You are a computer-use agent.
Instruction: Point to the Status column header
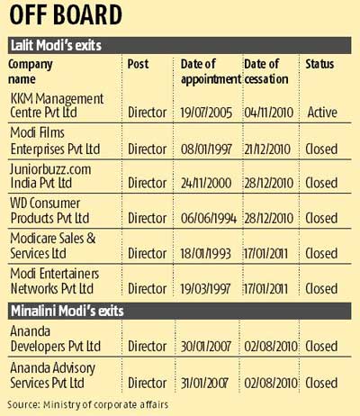(x=320, y=64)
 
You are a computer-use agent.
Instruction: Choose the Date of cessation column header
(x=267, y=70)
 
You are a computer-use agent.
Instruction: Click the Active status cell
(x=321, y=113)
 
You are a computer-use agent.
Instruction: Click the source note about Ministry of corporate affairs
(x=85, y=403)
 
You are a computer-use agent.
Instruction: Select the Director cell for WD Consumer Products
(x=148, y=218)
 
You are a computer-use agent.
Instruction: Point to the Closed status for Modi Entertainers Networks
(x=321, y=288)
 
